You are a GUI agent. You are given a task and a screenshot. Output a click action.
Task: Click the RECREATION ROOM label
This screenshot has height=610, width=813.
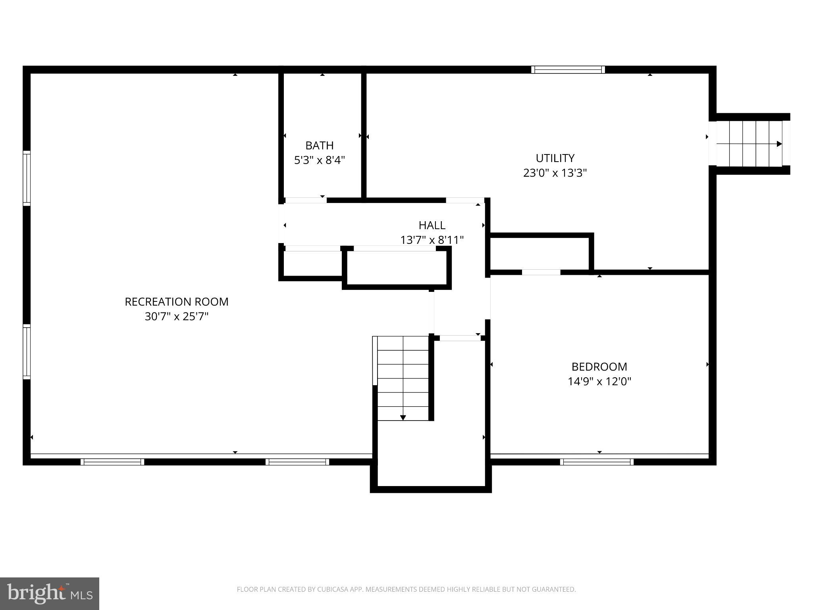coord(177,302)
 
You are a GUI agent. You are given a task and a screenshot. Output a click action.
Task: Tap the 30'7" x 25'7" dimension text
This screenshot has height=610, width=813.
coord(177,317)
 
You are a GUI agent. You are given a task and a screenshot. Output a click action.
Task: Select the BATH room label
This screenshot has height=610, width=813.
coord(319,145)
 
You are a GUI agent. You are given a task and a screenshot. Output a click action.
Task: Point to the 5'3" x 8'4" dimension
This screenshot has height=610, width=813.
coord(319,160)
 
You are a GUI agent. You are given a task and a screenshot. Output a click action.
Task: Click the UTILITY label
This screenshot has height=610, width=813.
coord(555,158)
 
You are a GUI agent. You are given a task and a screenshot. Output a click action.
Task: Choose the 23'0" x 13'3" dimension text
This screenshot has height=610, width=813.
coord(555,173)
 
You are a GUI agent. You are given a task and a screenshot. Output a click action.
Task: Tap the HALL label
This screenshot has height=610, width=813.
coord(432,225)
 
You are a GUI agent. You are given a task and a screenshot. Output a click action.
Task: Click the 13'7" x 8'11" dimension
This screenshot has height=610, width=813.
coord(432,240)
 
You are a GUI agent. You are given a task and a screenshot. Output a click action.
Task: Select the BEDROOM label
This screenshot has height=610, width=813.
coord(599,367)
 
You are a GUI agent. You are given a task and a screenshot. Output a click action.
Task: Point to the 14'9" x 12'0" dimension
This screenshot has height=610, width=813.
coord(599,382)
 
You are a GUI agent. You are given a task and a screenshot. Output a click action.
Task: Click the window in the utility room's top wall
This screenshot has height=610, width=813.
coord(568,70)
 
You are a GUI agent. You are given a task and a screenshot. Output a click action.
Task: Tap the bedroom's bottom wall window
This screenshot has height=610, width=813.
coord(597,461)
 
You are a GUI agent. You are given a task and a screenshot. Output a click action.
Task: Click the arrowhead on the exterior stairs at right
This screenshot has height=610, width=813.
coord(779,144)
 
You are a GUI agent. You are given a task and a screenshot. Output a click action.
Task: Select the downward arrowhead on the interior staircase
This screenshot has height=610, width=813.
coord(403,417)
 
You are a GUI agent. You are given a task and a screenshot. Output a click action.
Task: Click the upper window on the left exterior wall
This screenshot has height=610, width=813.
coord(27,178)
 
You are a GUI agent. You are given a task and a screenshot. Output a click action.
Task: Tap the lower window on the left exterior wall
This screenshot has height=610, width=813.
coord(27,351)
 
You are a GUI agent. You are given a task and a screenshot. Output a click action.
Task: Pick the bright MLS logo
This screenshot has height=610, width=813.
coord(50,593)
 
